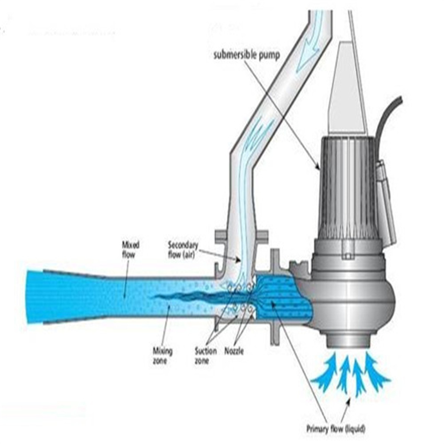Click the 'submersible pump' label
click(246, 55)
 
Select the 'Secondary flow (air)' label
click(183, 250)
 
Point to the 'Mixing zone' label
click(162, 356)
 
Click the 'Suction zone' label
click(206, 356)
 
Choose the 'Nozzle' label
click(234, 351)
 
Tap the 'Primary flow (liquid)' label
click(336, 429)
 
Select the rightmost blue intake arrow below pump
click(376, 371)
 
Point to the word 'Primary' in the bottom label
click(317, 429)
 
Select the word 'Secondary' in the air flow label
click(183, 245)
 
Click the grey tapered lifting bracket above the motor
click(347, 88)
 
